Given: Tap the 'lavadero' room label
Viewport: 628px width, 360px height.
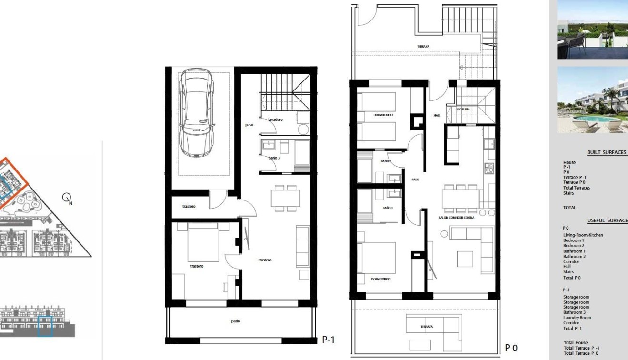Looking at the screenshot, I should coord(275,120).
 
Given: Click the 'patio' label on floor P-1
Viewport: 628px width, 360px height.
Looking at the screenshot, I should coord(236,321).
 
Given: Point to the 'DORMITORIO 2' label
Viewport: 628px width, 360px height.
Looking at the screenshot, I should coord(383,115).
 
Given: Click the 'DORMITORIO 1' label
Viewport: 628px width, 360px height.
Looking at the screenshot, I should coord(381,279).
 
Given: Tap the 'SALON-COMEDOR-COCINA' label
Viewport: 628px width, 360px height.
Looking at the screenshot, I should coord(456,218).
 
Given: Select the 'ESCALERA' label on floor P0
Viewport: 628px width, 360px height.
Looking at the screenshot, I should coord(463,110).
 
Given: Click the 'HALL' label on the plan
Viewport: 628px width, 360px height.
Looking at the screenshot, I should coord(437,116).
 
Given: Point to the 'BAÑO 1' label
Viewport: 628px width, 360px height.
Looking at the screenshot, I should coord(387,208).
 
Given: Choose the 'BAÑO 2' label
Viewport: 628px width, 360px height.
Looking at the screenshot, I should coord(386,161).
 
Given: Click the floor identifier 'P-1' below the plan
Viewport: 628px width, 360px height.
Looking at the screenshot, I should coord(329,340).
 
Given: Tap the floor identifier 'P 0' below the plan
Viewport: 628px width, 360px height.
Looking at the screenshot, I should coord(511,349).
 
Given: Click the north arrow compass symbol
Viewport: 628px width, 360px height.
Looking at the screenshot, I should coord(68,197).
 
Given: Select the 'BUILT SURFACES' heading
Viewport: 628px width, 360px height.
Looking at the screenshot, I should coord(607,152).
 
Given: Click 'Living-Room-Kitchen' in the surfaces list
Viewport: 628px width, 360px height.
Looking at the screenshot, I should coord(583,235).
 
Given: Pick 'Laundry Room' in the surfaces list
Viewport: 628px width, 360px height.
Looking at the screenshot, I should coord(577,318).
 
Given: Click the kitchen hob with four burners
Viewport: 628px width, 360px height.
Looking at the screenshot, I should coord(489,168).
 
